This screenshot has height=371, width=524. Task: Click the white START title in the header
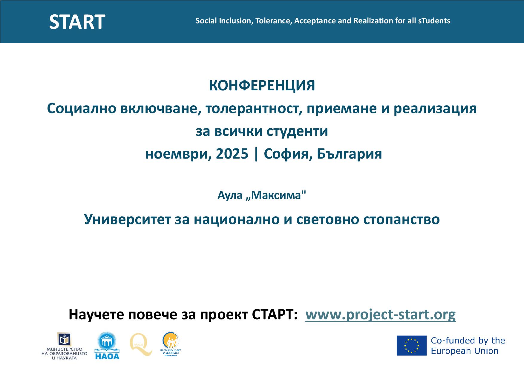click(77, 22)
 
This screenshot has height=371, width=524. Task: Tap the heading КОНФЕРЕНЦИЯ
click(262, 86)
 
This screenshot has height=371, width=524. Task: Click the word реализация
click(435, 108)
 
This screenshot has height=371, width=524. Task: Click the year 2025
click(232, 154)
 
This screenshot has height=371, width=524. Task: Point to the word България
click(349, 154)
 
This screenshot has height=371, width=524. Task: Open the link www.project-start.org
click(380, 314)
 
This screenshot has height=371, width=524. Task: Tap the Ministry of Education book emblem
click(65, 339)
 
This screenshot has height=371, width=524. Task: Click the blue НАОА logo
click(107, 345)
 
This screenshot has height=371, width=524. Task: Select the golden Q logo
click(141, 345)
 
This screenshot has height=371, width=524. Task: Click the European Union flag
click(411, 346)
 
